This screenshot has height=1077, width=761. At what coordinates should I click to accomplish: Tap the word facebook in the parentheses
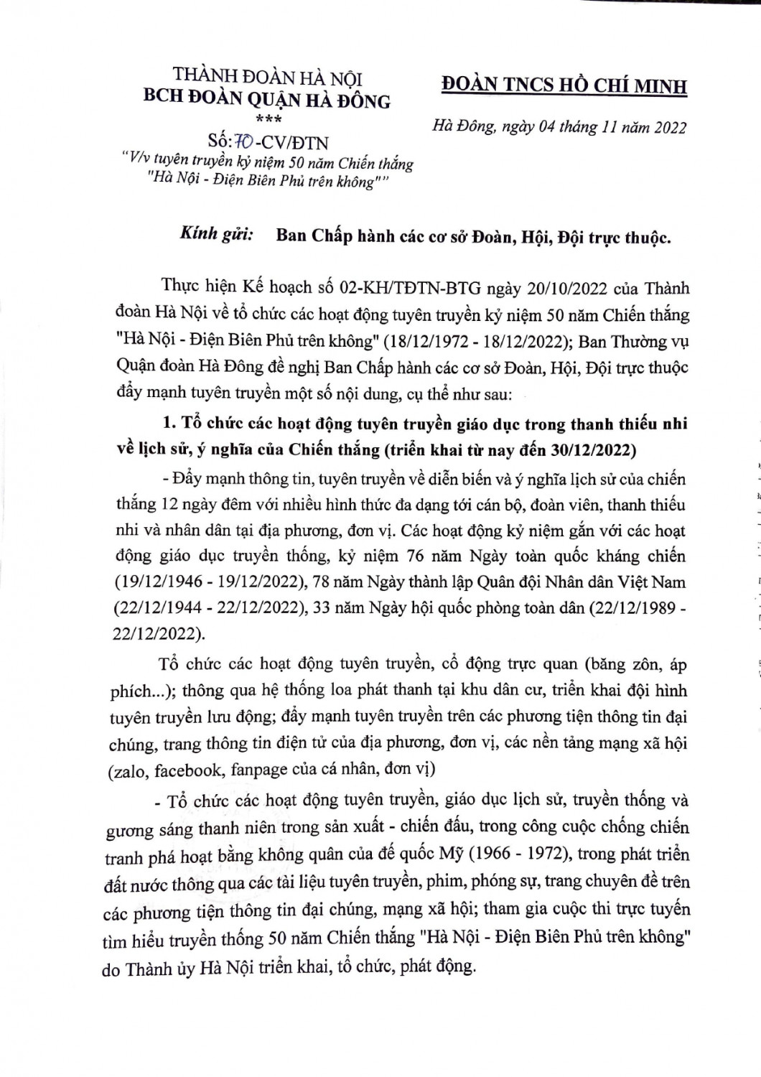(187, 770)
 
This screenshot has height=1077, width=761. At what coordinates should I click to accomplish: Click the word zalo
(126, 770)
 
